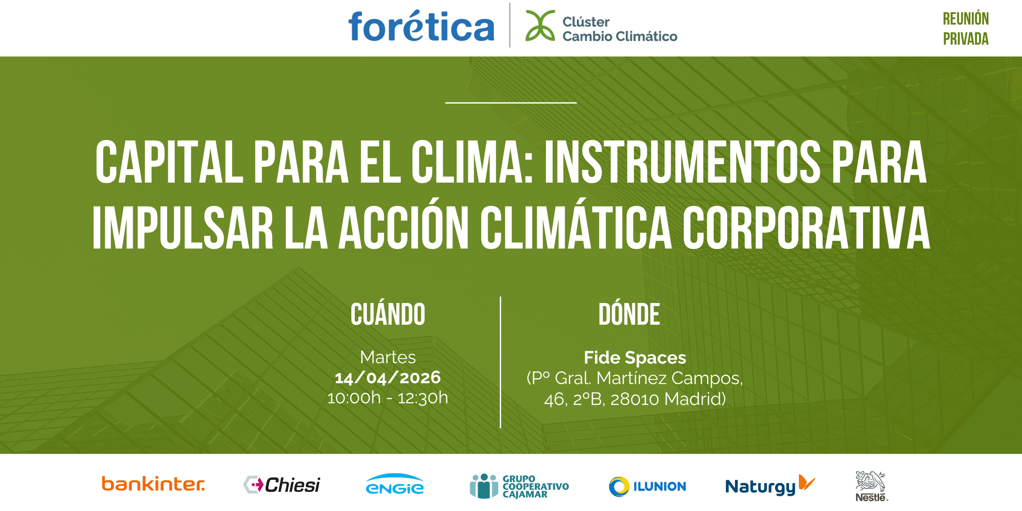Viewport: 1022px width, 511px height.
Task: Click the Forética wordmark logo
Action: [421, 26]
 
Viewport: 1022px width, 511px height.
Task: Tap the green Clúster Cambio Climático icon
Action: [540, 25]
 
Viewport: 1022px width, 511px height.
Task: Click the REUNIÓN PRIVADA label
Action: [965, 29]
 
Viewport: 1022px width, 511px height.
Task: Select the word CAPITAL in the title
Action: [169, 162]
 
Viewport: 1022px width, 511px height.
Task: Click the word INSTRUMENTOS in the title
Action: [682, 162]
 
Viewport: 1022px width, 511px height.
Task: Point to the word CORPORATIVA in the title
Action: [806, 227]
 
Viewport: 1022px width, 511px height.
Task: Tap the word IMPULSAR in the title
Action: [183, 227]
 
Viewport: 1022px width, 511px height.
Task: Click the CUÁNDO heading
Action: [388, 314]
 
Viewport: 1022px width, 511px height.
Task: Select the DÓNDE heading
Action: [629, 314]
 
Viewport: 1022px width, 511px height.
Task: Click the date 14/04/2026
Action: [388, 378]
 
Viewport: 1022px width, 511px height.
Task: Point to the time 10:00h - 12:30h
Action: [388, 398]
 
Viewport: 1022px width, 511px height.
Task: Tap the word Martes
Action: [388, 357]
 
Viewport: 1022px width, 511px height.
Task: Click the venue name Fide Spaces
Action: [635, 357]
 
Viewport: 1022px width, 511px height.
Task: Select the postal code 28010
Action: [634, 399]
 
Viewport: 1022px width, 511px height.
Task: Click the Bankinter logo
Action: [153, 484]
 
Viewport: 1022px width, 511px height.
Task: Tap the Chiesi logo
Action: [282, 485]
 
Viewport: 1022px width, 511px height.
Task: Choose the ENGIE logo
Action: [394, 484]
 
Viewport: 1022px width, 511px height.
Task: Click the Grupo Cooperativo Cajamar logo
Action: [519, 486]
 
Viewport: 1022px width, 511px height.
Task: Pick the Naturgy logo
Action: [770, 486]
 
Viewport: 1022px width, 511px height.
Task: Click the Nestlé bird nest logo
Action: [871, 486]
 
